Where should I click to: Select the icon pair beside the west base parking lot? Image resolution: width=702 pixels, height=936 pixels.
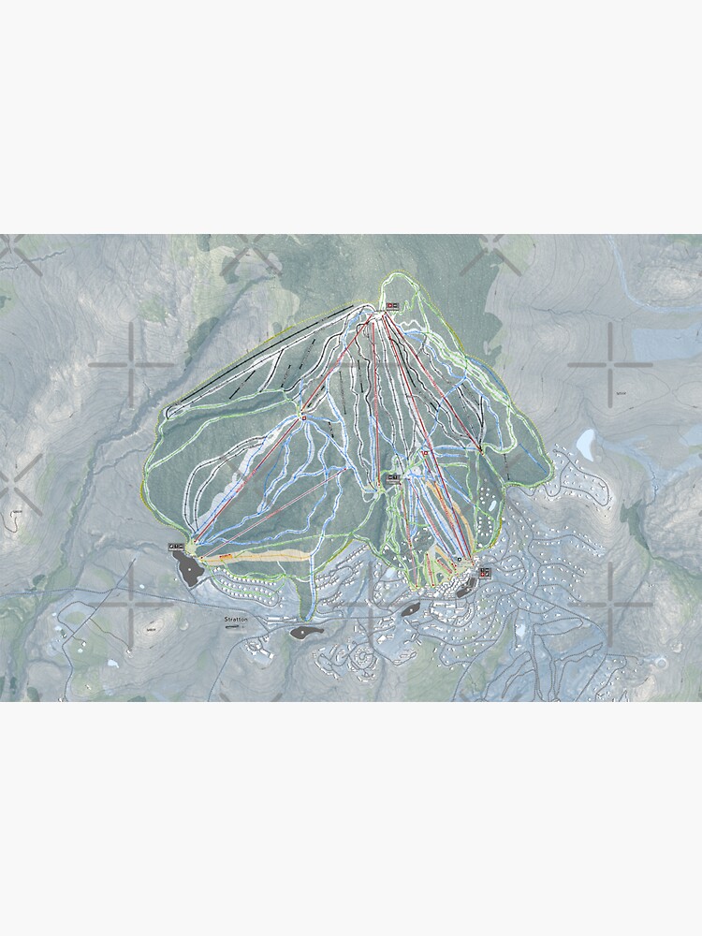pos(175,545)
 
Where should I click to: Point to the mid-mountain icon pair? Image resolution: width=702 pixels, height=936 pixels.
pos(394,476)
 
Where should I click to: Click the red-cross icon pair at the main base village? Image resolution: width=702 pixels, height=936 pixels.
pos(485,572)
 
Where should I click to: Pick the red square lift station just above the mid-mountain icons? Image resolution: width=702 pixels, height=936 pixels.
pos(425,453)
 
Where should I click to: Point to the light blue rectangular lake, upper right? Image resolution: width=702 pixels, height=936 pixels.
pos(667,343)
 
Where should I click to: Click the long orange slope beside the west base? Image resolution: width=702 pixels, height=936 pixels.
pos(257,556)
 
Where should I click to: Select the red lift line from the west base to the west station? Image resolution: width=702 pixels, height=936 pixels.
pos(248,480)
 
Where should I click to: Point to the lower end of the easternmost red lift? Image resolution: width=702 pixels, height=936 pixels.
pos(480,451)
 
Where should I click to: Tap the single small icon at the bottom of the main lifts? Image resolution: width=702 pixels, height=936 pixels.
pos(460,559)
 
